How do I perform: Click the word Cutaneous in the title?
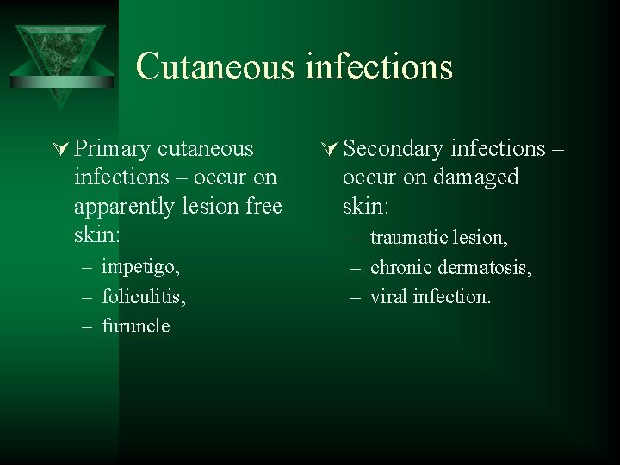pos(214,66)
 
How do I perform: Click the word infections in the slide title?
pos(378,66)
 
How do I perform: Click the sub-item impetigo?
pos(140,267)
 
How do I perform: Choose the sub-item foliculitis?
pos(143,296)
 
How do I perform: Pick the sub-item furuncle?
pos(135,326)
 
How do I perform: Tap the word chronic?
pos(399,267)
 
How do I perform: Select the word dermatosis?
pos(484,267)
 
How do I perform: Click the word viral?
pos(388,296)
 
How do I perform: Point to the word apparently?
pos(126,208)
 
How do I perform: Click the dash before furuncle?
pos(89,326)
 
